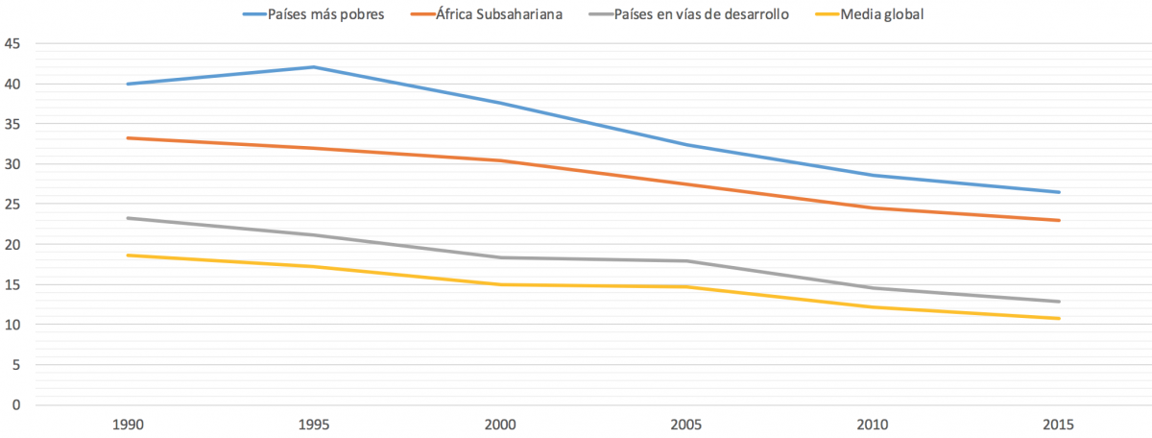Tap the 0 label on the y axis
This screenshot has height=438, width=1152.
[x=15, y=404]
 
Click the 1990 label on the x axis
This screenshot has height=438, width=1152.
[x=127, y=425]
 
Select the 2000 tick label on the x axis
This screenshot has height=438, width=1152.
[x=499, y=425]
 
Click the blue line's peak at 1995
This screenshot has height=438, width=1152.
[x=313, y=67]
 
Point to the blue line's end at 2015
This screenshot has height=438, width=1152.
[x=1059, y=192]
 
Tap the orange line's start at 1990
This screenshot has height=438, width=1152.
[x=127, y=138]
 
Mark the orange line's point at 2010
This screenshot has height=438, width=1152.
[x=873, y=207]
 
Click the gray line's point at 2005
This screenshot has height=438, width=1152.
[x=686, y=261]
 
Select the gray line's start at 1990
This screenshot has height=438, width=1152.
[x=127, y=218]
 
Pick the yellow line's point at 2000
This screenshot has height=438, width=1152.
[x=499, y=284]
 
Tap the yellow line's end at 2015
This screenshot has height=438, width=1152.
[x=1059, y=318]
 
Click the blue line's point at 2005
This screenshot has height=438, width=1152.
[x=686, y=145]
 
